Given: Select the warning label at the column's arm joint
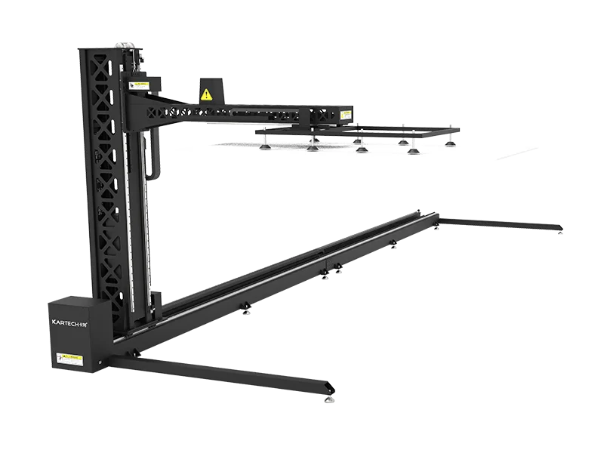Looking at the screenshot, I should [137, 85].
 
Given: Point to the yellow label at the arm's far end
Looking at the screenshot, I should [346, 113].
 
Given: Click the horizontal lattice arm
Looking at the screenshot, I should [242, 111].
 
